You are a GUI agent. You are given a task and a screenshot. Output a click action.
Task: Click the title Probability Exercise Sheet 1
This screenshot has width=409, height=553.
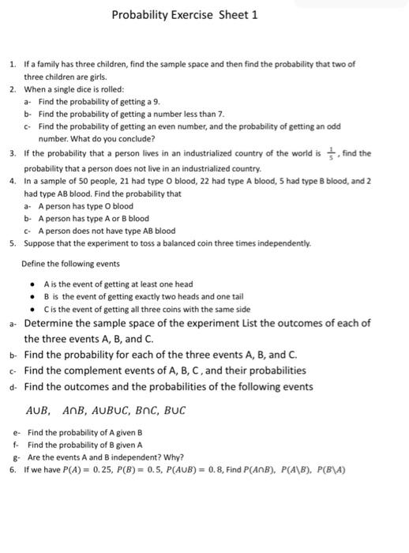(x=184, y=15)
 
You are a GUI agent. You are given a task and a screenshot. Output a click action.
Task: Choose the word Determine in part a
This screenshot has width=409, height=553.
(x=54, y=323)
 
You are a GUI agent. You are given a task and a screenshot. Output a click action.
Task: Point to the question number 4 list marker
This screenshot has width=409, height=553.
(x=12, y=181)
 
